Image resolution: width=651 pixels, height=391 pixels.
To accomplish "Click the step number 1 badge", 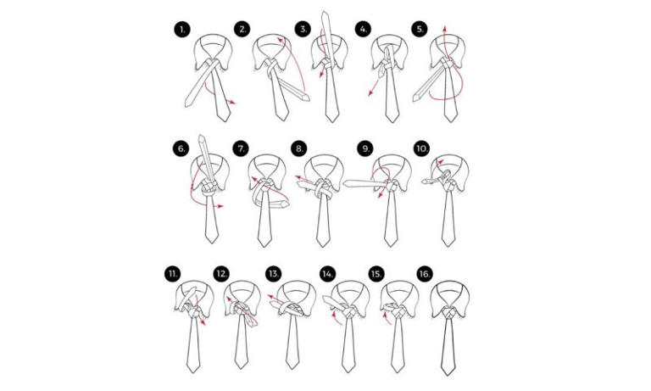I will point(181,30).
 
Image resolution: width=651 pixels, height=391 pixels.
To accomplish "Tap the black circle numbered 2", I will point(243,30).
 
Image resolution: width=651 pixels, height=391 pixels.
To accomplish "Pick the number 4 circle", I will point(364,30).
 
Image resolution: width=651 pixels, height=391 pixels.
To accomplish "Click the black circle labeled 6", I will point(181,149).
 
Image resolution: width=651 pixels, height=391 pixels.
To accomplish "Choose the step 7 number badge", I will point(242,149).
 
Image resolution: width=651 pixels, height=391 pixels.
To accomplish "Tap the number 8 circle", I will point(300,149).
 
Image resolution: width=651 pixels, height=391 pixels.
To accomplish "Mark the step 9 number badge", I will point(365,149).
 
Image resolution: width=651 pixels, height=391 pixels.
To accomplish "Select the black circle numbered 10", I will point(421,149).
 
